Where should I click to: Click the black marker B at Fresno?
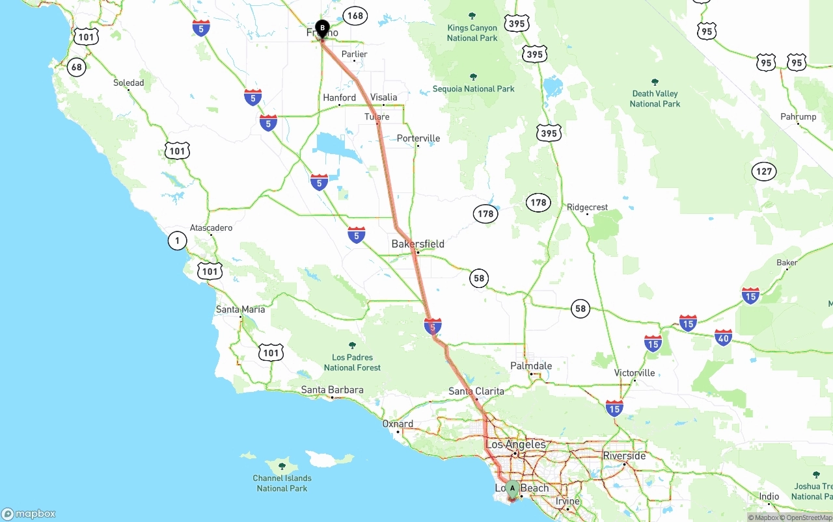pyautogui.click(x=321, y=28)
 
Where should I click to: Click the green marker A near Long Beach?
pyautogui.click(x=512, y=488)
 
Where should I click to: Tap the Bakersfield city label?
pyautogui.click(x=418, y=244)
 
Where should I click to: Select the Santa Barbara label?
pyautogui.click(x=332, y=390)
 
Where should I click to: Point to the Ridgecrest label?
pyautogui.click(x=587, y=207)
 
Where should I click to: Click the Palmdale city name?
pyautogui.click(x=531, y=366)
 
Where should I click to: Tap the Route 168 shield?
pyautogui.click(x=355, y=16)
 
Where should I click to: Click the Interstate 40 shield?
pyautogui.click(x=723, y=337)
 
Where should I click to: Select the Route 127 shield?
pyautogui.click(x=764, y=172)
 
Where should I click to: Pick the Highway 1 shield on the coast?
pyautogui.click(x=177, y=241)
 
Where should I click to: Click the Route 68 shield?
pyautogui.click(x=77, y=67)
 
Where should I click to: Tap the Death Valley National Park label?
pyautogui.click(x=655, y=98)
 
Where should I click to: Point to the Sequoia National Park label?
pyautogui.click(x=474, y=88)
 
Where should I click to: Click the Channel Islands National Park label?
pyautogui.click(x=282, y=483)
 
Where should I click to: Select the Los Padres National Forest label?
pyautogui.click(x=352, y=362)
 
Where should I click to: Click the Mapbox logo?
pyautogui.click(x=29, y=514)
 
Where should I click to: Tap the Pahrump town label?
pyautogui.click(x=798, y=117)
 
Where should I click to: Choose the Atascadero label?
pyautogui.click(x=211, y=228)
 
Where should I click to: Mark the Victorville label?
pyautogui.click(x=635, y=373)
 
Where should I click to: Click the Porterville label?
pyautogui.click(x=418, y=138)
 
